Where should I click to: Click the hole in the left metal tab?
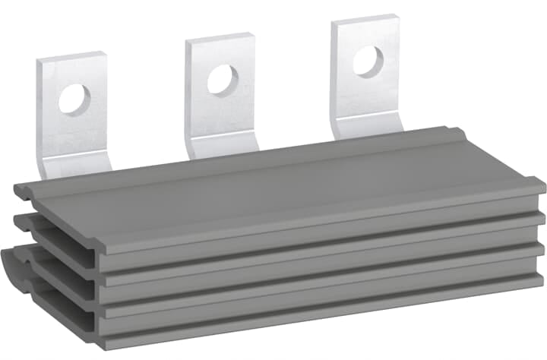click(74, 99)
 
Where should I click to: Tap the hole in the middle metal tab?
click(222, 79)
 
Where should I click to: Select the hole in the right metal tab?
click(368, 61)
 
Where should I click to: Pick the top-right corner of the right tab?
click(398, 17)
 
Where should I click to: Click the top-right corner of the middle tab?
click(253, 35)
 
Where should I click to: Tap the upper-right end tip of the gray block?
click(541, 182)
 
